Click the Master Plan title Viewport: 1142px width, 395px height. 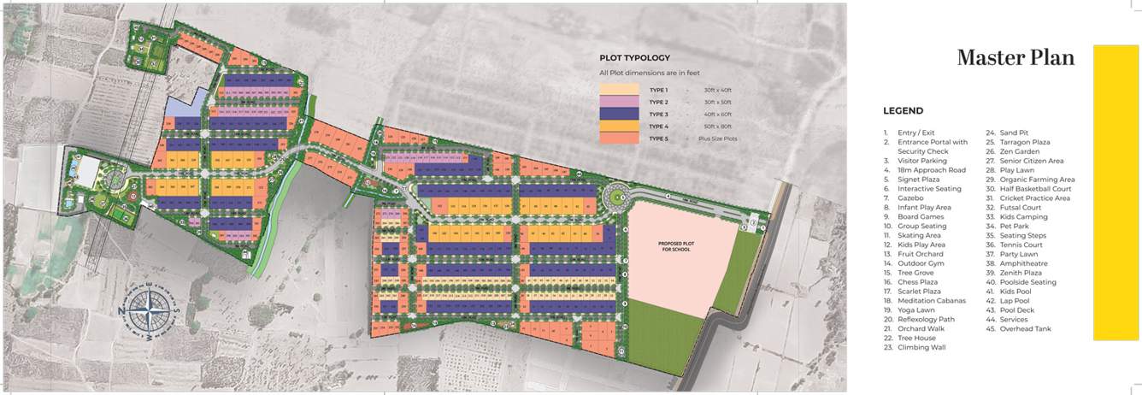(1015, 58)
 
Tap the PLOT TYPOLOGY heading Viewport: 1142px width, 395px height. (634, 58)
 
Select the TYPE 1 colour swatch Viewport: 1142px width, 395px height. (620, 90)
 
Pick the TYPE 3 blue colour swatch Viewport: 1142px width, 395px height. (620, 114)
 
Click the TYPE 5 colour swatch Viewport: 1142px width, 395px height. (620, 138)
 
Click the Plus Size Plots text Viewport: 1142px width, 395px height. (717, 138)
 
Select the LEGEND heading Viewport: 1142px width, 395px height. (903, 111)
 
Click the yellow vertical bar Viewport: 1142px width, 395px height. (1116, 192)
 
